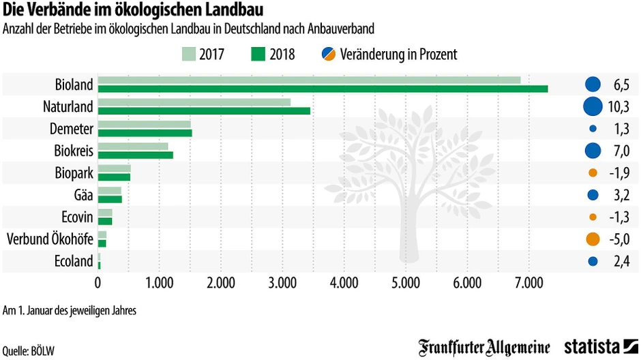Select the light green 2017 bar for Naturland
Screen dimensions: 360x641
[194, 102]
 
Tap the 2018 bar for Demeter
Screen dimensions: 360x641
[145, 133]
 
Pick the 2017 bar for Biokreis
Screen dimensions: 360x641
[133, 147]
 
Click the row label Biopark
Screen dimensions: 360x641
[74, 173]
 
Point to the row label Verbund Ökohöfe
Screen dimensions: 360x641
[50, 239]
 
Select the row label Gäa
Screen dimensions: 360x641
[82, 195]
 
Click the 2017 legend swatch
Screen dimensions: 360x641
[189, 54]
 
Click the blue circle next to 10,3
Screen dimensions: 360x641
[592, 107]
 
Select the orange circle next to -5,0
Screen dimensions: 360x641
[592, 239]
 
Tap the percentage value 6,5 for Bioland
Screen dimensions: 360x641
[621, 85]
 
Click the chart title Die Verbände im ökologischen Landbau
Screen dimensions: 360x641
[134, 11]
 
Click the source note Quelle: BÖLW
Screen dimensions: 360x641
[29, 350]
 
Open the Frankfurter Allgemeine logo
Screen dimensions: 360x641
[484, 347]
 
